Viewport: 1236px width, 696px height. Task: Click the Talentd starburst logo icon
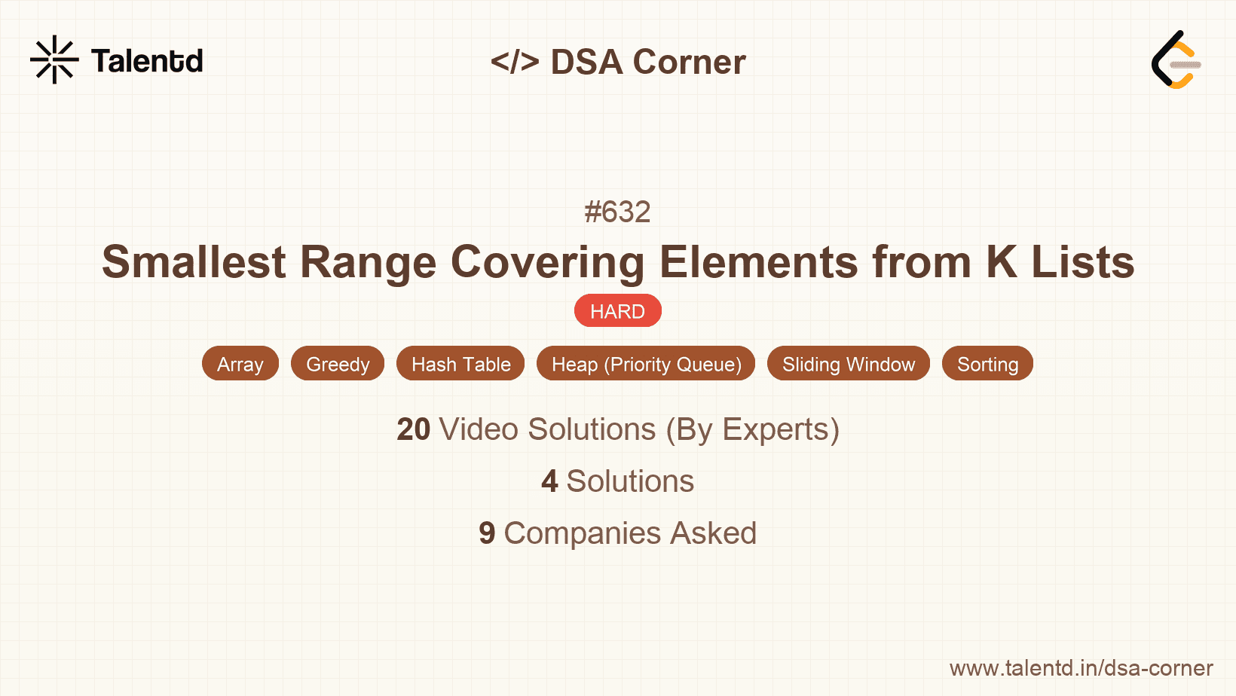coord(54,60)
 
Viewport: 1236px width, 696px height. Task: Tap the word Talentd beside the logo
coord(147,61)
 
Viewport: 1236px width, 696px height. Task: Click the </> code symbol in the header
coord(515,62)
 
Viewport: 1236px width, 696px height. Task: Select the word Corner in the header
coord(689,62)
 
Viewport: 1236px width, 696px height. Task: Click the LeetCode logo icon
coord(1176,60)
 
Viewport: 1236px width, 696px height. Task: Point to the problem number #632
coord(617,212)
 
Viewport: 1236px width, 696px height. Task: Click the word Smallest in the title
coord(194,262)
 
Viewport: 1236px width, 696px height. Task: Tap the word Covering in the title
coord(547,262)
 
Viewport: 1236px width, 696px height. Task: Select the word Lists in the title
coord(1082,262)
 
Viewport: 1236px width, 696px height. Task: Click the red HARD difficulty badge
coord(617,311)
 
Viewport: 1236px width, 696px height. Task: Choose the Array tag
coord(240,364)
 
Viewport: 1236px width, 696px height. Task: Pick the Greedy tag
coord(338,364)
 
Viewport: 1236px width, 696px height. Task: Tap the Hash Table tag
coord(460,364)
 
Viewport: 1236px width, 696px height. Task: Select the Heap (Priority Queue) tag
coord(646,364)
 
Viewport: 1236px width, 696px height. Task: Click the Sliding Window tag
coord(849,364)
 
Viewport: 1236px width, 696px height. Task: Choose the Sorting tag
coord(987,364)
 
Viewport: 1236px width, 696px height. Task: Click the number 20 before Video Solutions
coord(413,429)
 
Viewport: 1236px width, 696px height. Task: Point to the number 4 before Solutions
coord(549,481)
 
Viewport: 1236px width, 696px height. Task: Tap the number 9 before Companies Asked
coord(487,533)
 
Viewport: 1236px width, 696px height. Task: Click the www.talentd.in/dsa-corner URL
coord(1081,668)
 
